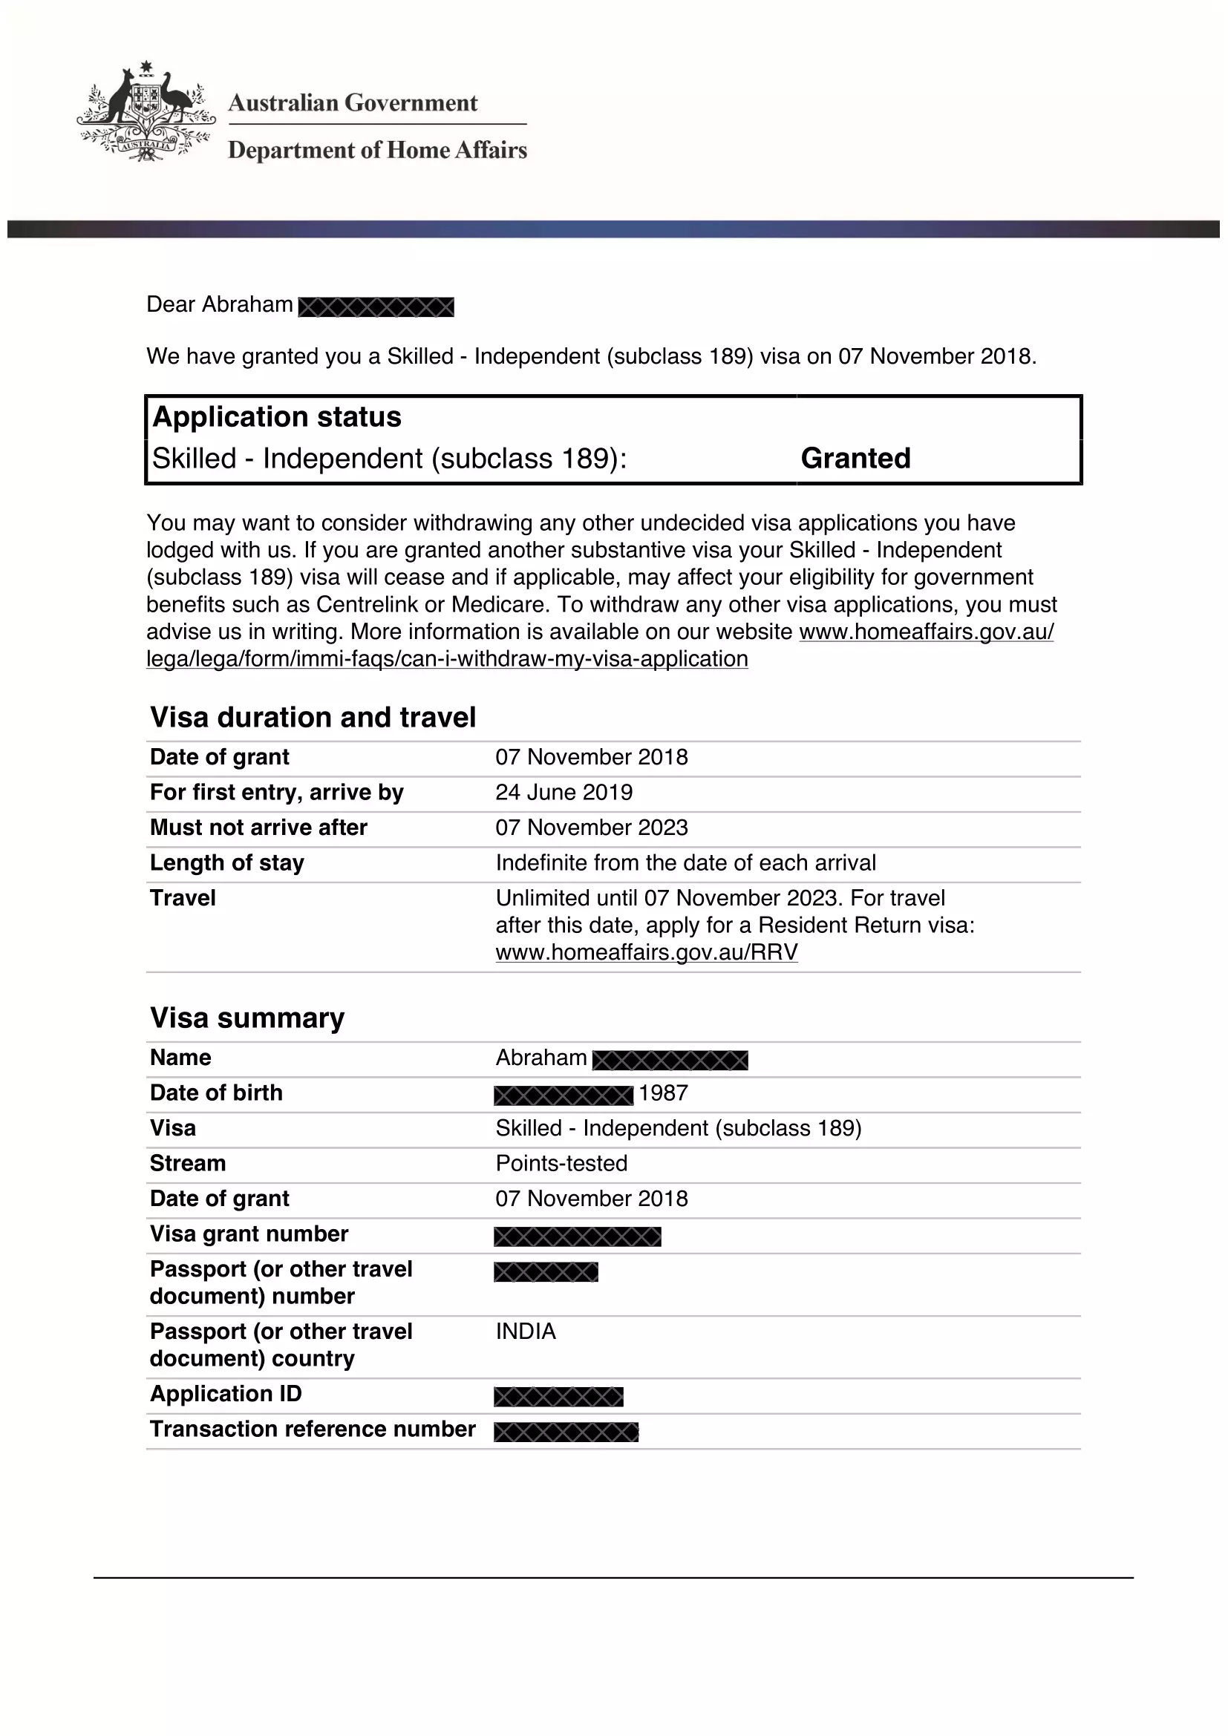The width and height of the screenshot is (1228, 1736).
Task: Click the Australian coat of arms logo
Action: click(145, 111)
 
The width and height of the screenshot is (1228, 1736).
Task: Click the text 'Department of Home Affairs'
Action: click(377, 151)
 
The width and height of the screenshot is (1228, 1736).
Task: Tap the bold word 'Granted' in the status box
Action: click(855, 458)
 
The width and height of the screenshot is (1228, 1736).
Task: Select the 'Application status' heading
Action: click(277, 417)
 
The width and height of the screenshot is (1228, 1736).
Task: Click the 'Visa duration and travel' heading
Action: click(313, 718)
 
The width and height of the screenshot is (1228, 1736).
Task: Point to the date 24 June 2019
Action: click(564, 793)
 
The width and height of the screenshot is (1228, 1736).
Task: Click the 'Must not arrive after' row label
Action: click(258, 827)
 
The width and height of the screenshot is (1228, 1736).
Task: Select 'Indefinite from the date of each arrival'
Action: click(686, 862)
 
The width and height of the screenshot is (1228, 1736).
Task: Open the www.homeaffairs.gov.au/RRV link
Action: click(647, 952)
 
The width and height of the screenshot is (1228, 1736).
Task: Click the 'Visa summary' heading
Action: click(247, 1018)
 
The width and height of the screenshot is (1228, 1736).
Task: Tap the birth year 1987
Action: click(663, 1093)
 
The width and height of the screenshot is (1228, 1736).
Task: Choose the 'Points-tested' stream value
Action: click(562, 1164)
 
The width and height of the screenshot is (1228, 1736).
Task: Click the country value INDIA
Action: click(526, 1332)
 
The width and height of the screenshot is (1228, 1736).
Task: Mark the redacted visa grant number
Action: click(578, 1237)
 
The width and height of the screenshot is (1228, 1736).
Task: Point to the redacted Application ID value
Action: click(559, 1397)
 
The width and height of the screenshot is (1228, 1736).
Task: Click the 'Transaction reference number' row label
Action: click(313, 1429)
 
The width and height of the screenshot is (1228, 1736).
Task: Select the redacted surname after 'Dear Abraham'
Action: click(376, 307)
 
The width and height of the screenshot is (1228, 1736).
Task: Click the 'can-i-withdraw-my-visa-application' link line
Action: click(447, 659)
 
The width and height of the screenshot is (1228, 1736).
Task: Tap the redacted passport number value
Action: click(546, 1273)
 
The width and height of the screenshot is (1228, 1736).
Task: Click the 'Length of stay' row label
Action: click(227, 862)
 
